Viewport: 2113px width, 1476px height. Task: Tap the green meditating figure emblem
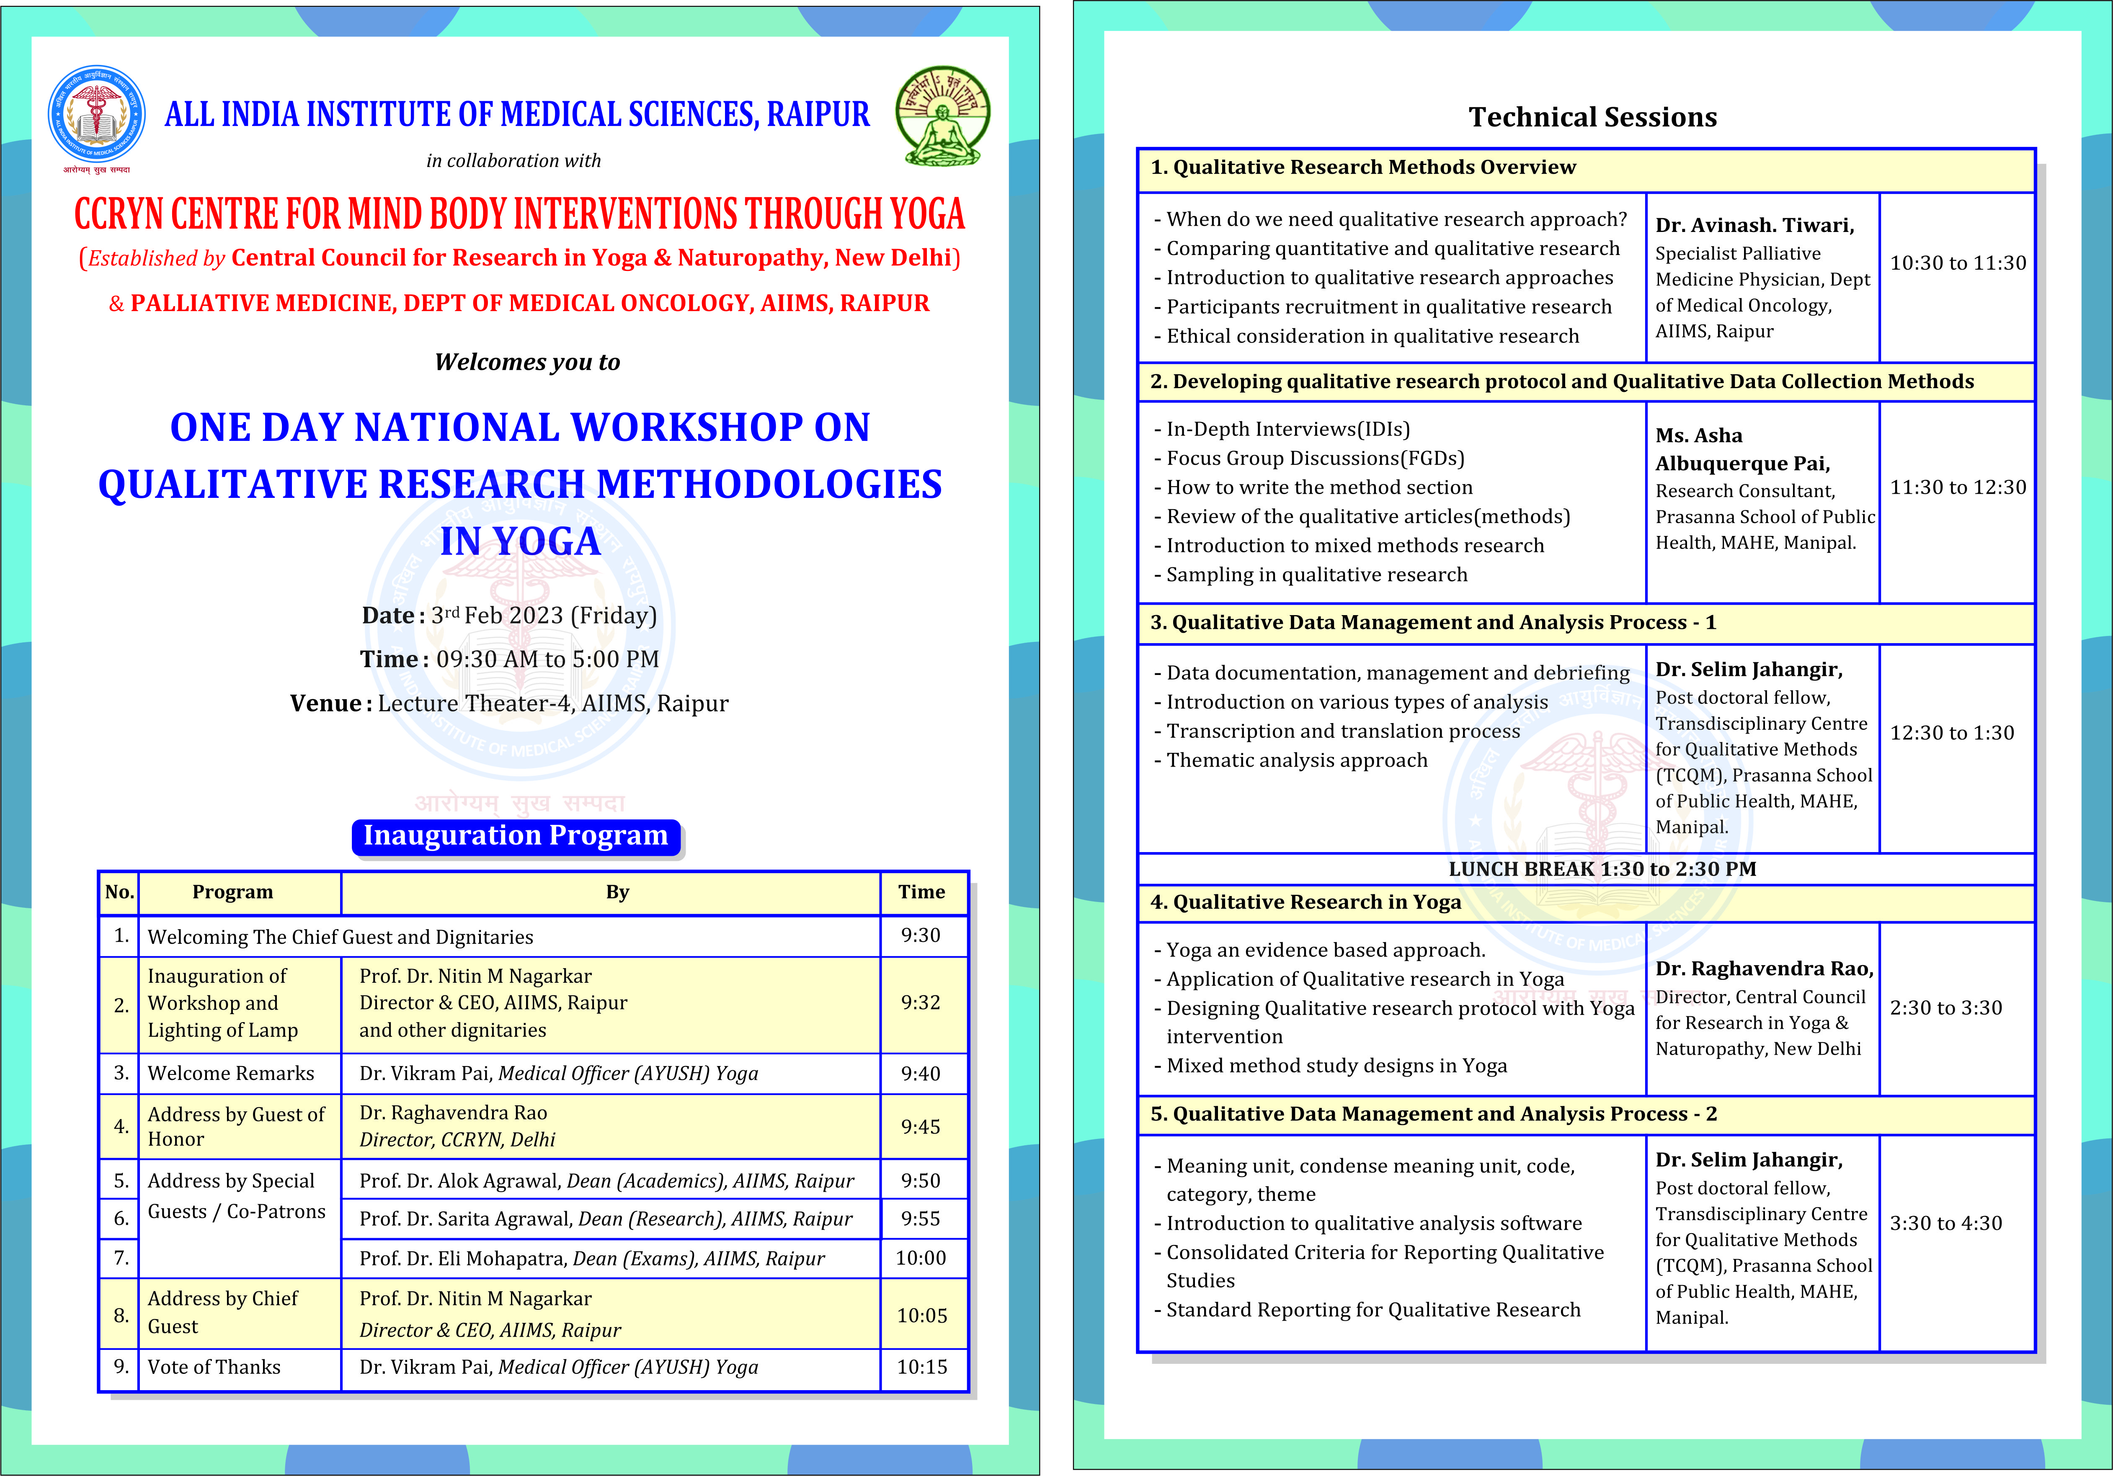[x=942, y=115]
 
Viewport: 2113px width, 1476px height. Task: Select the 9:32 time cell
[x=920, y=1003]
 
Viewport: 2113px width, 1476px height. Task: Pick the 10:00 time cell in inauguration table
[x=920, y=1258]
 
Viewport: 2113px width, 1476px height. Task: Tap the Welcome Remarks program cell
[x=231, y=1073]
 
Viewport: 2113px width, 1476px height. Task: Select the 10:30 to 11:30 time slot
[x=1958, y=263]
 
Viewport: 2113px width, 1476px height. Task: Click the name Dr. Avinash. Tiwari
[x=1754, y=225]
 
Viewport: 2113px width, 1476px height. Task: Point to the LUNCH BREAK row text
[x=1601, y=869]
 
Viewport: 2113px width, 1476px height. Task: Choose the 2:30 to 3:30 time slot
[x=1945, y=1007]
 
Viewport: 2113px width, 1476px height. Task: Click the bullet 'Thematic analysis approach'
[x=1297, y=760]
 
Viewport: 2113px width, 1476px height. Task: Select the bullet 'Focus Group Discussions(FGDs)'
[x=1315, y=458]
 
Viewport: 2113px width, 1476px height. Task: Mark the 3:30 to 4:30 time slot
[x=1945, y=1223]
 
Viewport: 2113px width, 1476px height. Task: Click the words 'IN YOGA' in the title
[x=520, y=541]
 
